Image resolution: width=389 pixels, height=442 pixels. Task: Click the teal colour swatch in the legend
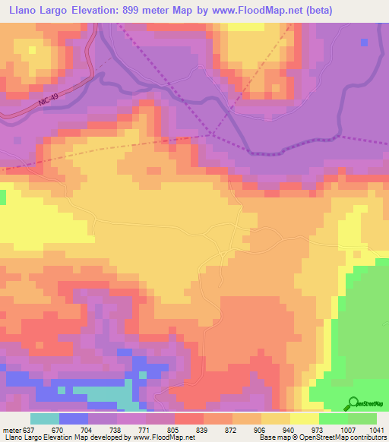44,418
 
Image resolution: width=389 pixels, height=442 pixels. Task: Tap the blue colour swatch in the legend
73,418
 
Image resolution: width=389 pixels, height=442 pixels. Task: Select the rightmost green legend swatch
362,418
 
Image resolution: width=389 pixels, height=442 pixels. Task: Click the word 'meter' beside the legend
11,430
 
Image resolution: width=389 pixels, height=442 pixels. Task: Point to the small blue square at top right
365,41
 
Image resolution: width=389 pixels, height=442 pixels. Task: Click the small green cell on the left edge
2,197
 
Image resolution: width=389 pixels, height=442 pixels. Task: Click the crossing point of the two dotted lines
210,134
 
